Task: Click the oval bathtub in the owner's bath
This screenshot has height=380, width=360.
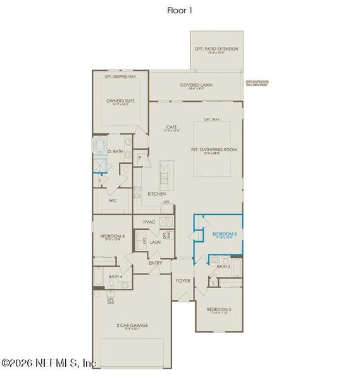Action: (101, 148)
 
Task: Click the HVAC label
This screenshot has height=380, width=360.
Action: (149, 222)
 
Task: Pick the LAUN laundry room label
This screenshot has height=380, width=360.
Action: (154, 242)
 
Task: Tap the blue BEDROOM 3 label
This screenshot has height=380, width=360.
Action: (225, 234)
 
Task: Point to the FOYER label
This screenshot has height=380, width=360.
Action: (183, 279)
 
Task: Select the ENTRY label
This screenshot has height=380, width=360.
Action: (155, 263)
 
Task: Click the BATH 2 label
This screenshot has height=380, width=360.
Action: (223, 267)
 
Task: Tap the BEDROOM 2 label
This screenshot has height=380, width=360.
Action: (220, 310)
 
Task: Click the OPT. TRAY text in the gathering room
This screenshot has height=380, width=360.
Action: (211, 119)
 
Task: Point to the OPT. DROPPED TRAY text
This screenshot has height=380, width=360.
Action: (120, 77)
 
